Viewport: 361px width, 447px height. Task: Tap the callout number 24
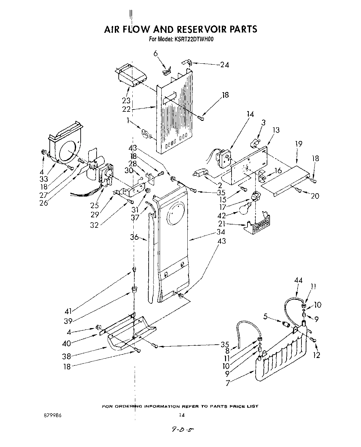tap(224, 65)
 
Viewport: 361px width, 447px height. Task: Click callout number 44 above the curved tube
tap(298, 280)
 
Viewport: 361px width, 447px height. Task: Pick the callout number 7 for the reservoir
tap(228, 383)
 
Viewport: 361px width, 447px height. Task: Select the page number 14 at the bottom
tap(182, 415)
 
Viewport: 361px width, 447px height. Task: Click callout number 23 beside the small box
tap(127, 100)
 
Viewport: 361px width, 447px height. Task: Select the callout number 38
tap(67, 356)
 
